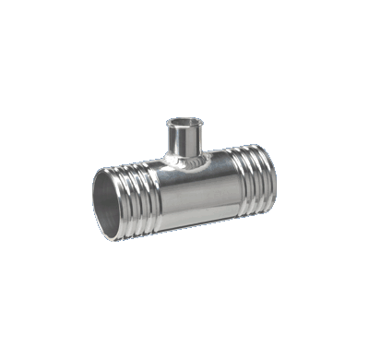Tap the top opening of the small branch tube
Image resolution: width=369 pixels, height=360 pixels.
[180, 124]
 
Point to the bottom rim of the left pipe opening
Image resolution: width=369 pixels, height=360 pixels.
[114, 238]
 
